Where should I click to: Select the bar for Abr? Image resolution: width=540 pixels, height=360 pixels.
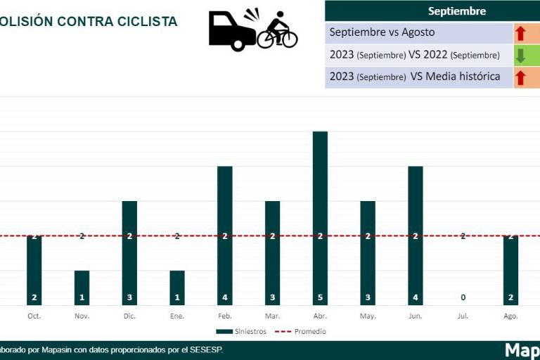pyautogui.click(x=320, y=218)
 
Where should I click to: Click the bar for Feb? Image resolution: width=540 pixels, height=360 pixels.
pyautogui.click(x=225, y=236)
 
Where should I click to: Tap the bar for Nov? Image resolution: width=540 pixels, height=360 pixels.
pyautogui.click(x=82, y=288)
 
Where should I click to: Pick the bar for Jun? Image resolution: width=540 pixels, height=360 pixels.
pyautogui.click(x=416, y=236)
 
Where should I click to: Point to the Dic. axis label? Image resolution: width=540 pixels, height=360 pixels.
pyautogui.click(x=129, y=316)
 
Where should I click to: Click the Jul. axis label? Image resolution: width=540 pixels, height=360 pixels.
pyautogui.click(x=463, y=316)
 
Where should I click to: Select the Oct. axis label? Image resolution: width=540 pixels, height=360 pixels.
pyautogui.click(x=34, y=316)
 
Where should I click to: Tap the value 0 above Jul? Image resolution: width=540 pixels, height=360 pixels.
pyautogui.click(x=463, y=297)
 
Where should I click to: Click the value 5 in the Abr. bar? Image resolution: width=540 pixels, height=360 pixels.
pyautogui.click(x=320, y=297)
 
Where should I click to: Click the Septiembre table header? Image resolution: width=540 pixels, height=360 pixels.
pyautogui.click(x=456, y=11)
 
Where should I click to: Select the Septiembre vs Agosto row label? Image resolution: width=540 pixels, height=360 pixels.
pyautogui.click(x=382, y=32)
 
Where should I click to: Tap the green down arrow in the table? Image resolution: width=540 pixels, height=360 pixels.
pyautogui.click(x=521, y=56)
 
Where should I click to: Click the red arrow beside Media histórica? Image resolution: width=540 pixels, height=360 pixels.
pyautogui.click(x=521, y=77)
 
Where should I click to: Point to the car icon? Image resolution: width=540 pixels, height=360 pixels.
pyautogui.click(x=231, y=32)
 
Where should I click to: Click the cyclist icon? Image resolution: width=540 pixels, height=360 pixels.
pyautogui.click(x=278, y=32)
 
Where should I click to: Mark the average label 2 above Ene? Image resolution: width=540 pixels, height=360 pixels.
pyautogui.click(x=177, y=236)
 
